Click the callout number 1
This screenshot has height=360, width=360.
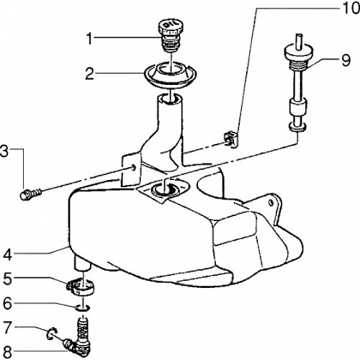coord(89,39)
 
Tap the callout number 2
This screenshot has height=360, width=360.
coord(89,73)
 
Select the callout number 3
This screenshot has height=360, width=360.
coord(4,151)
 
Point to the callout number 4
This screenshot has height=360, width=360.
coord(7,255)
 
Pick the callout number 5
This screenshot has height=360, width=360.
coord(7,279)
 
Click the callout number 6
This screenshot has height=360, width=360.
coord(7,304)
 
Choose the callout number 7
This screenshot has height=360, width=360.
coord(7,328)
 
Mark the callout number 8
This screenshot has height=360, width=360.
coord(7,352)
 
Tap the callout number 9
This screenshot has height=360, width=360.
coord(346,60)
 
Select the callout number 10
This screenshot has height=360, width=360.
coord(351,9)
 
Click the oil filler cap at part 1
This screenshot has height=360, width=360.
coord(171,36)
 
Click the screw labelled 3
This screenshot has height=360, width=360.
coord(31,194)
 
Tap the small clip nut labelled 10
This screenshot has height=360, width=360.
coord(230,140)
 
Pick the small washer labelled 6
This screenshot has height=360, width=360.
coord(84,307)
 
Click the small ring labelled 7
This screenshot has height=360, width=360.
coord(51,333)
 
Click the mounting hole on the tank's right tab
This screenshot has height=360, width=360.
coord(271,203)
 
